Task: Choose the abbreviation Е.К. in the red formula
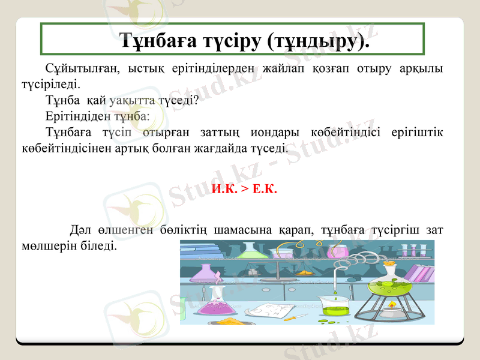coord(265,190)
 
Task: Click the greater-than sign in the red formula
coord(244,190)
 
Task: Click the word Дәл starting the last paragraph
coord(81,230)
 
